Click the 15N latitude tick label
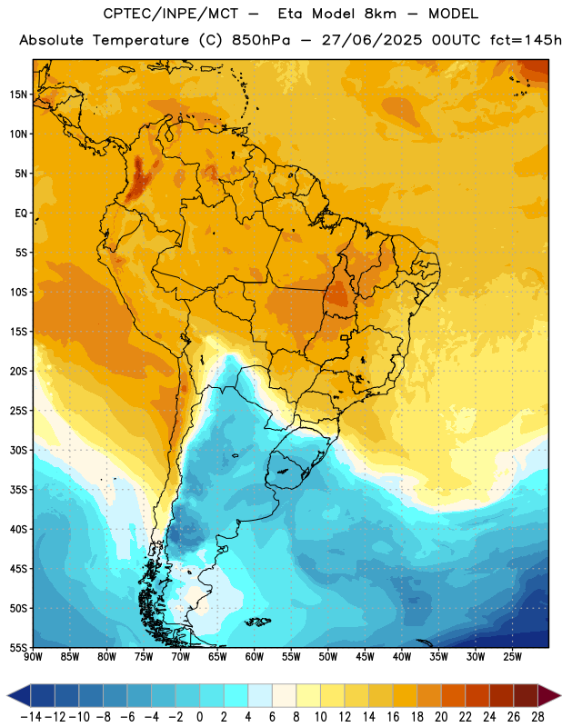[x=18, y=95]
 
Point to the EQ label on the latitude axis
[x=21, y=214]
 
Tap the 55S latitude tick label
[x=18, y=648]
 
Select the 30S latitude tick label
[x=18, y=450]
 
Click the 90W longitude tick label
[x=34, y=657]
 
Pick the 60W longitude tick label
[x=255, y=657]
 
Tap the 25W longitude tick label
[x=512, y=657]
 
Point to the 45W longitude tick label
[x=365, y=657]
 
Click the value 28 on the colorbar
[x=537, y=717]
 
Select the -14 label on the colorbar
[x=31, y=717]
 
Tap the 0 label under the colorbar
[x=200, y=717]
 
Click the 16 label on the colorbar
[x=393, y=717]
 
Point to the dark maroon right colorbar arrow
[x=548, y=695]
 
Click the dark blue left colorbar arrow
[x=19, y=695]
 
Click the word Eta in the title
[x=289, y=14]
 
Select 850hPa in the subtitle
[x=261, y=40]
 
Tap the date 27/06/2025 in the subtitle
[x=372, y=40]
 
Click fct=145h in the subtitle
[x=526, y=40]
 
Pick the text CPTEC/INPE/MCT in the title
[x=171, y=14]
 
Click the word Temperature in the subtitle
[x=141, y=41]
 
